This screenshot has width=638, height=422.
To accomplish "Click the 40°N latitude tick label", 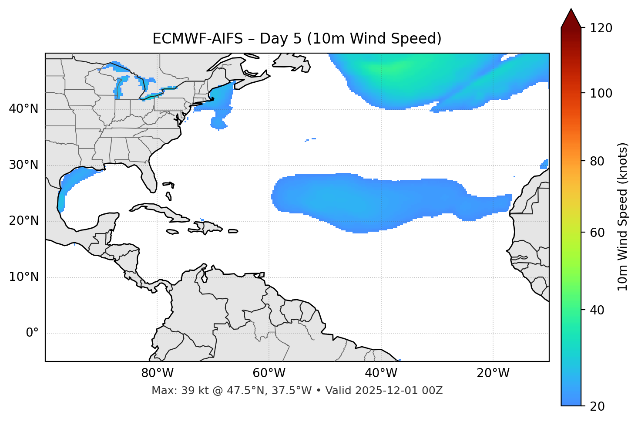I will pyautogui.click(x=24, y=109).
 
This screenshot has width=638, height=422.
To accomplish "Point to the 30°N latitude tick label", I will pyautogui.click(x=24, y=165).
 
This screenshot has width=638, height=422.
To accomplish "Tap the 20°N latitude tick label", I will pyautogui.click(x=24, y=221).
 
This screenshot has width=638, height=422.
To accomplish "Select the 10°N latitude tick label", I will pyautogui.click(x=24, y=277).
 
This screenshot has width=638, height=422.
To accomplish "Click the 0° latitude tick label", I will pyautogui.click(x=32, y=333).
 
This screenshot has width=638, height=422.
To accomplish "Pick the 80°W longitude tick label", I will pyautogui.click(x=157, y=373).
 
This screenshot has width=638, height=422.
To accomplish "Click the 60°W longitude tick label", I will pyautogui.click(x=269, y=373).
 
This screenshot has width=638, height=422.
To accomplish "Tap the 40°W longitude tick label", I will pyautogui.click(x=381, y=373).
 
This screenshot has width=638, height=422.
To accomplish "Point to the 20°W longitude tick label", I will pyautogui.click(x=493, y=373).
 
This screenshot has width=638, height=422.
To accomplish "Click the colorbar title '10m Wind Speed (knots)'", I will pyautogui.click(x=622, y=217).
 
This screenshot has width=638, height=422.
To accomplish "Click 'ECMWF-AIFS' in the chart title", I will pyautogui.click(x=198, y=39).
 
